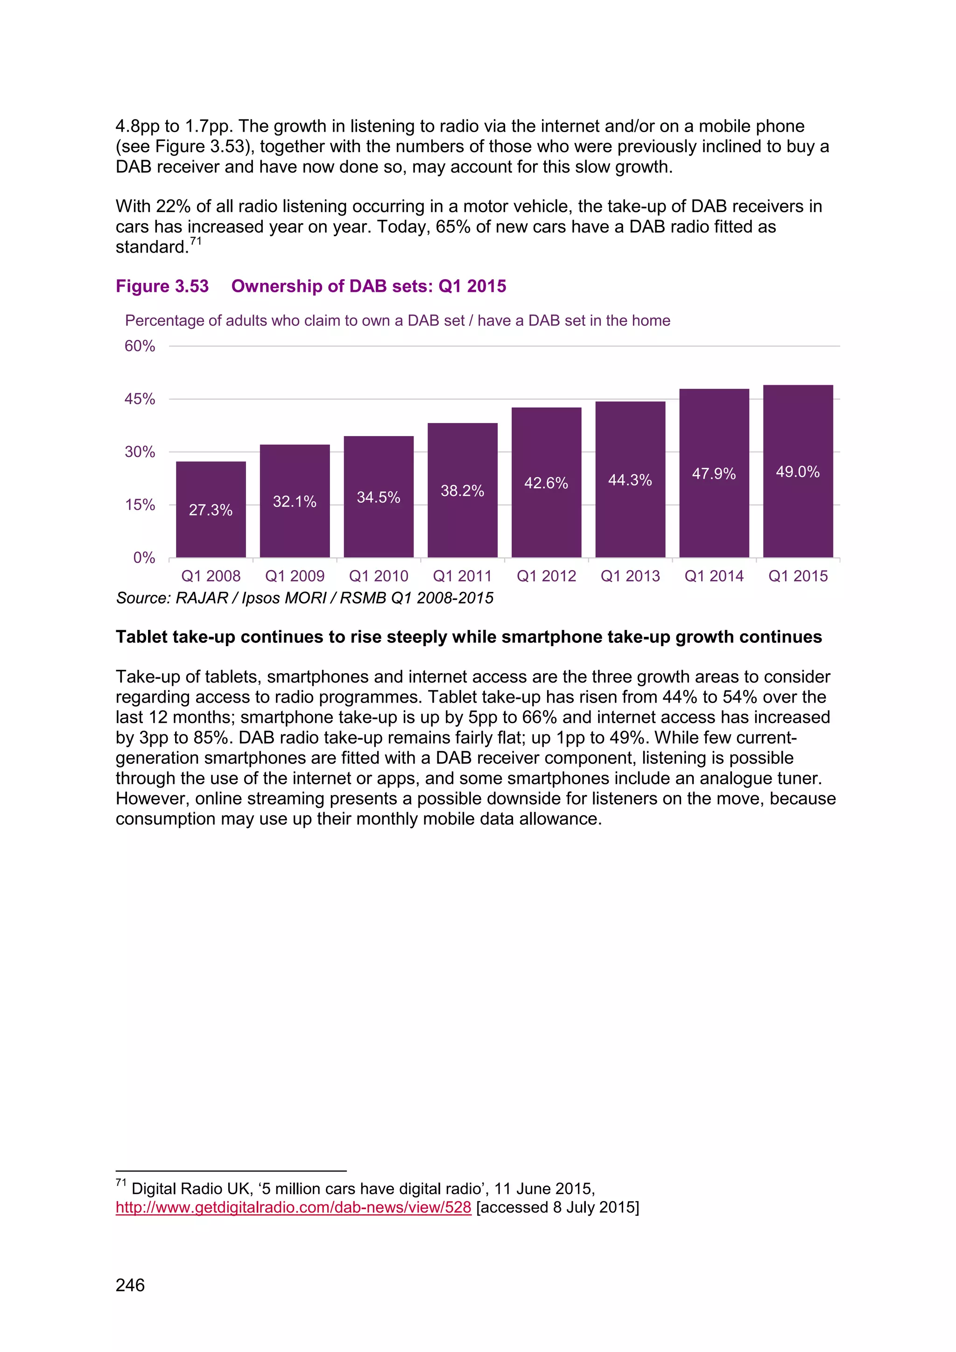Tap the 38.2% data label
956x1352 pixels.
462,491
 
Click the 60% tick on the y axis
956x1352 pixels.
140,346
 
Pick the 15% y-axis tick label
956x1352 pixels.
140,505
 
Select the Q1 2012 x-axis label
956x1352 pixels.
546,576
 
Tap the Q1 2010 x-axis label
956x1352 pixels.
379,576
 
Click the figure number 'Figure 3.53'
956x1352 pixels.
162,286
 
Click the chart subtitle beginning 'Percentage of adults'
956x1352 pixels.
397,320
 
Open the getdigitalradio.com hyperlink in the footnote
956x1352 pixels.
293,1207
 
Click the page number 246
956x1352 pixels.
130,1285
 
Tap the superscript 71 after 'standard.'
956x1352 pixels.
196,241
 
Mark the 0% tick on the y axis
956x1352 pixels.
144,557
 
